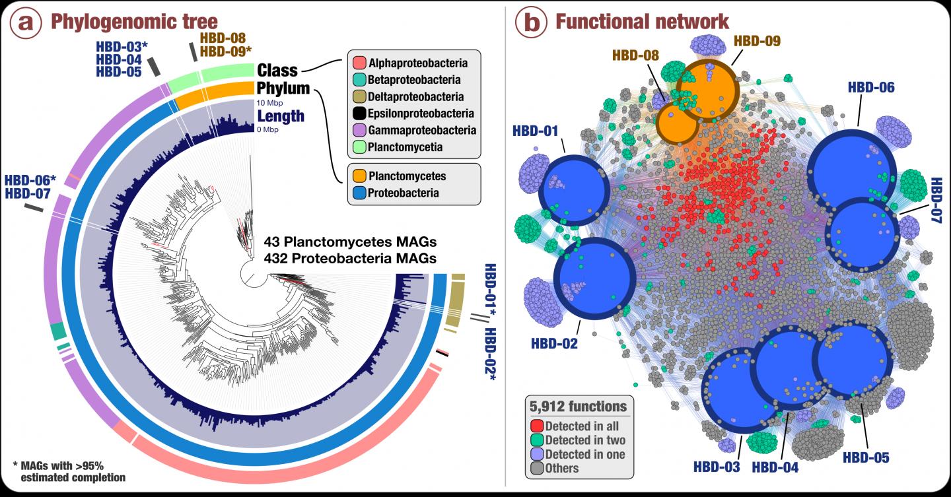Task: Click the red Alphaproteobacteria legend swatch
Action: coord(360,64)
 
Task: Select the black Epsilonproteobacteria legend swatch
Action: coord(360,114)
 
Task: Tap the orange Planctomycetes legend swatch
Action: coord(360,177)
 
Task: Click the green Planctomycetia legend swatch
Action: coord(360,147)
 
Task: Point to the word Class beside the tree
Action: coord(277,70)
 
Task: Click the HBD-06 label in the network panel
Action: coord(871,87)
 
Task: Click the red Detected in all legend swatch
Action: coord(538,426)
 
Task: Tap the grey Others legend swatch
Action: coord(538,468)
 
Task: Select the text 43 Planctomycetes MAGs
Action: coord(350,241)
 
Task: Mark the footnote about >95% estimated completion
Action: coord(69,471)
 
